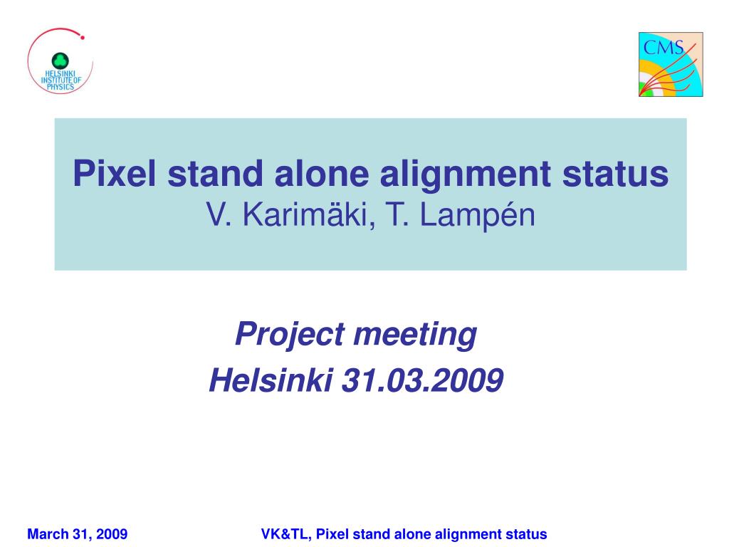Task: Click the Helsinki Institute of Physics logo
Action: coord(61,61)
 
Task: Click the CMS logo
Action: coord(671,64)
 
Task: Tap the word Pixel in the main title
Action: coord(115,174)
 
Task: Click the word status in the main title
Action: coord(616,174)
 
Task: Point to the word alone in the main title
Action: coord(322,174)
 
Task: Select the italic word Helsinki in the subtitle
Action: coord(271,380)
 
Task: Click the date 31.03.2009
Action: coord(423,380)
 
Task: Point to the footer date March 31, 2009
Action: coord(77,534)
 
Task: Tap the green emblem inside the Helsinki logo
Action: coord(60,61)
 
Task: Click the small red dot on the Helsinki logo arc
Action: coord(83,38)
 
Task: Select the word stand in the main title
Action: coord(215,174)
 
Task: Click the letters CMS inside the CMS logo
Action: coord(664,48)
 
